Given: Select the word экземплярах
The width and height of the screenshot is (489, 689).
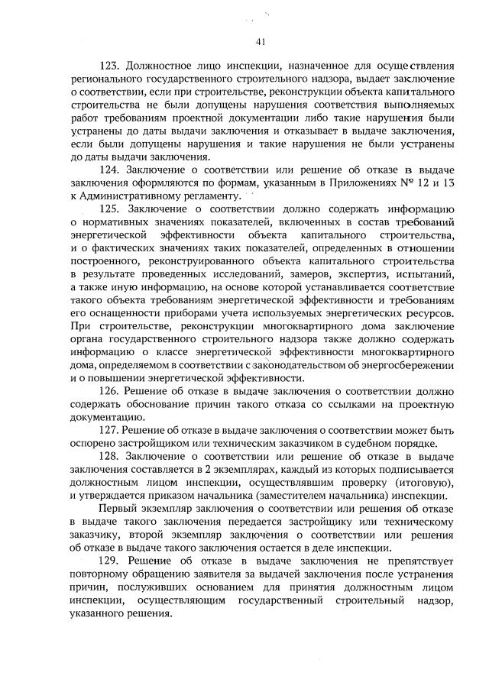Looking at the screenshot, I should point(223,471).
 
